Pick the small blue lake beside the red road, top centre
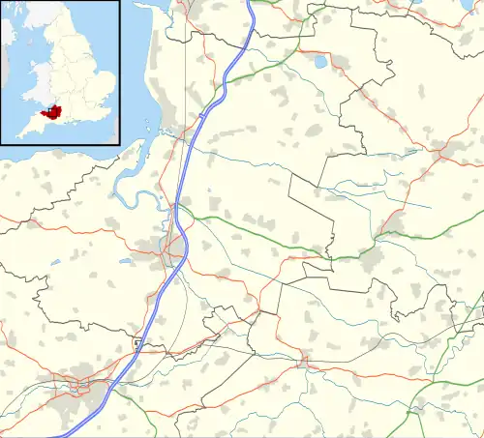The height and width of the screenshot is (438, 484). (x=319, y=62)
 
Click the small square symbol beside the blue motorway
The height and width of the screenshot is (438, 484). (x=137, y=342)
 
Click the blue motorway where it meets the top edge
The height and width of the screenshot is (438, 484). (x=249, y=4)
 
